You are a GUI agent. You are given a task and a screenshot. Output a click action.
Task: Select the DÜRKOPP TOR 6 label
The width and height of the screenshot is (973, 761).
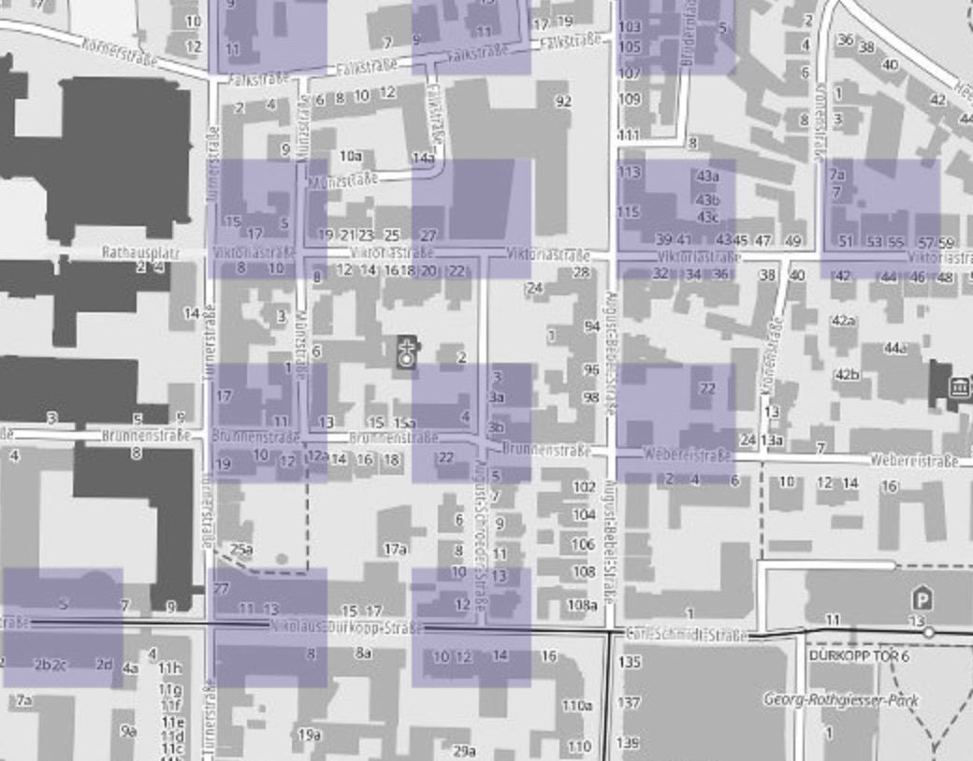[857, 655]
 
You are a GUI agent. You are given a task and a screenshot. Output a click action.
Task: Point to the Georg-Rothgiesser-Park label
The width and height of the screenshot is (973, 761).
[841, 699]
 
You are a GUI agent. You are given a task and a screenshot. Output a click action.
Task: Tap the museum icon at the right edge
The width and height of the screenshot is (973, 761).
[957, 387]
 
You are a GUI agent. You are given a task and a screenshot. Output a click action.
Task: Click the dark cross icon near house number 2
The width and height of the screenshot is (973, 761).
[406, 352]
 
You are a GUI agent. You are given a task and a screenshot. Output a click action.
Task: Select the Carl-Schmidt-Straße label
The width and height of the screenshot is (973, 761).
[688, 635]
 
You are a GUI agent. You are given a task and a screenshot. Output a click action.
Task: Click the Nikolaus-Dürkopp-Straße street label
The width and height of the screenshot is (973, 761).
[346, 626]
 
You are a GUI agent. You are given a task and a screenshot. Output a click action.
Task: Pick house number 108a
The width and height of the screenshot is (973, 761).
[581, 605]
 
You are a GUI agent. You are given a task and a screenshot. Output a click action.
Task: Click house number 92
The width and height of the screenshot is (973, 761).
[562, 101]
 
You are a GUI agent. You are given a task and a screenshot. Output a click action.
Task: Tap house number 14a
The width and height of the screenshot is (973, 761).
[423, 158]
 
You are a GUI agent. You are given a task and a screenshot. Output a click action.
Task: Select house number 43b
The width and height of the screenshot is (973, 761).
[707, 199]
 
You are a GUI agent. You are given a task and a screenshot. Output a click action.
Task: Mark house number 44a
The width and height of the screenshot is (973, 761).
[895, 348]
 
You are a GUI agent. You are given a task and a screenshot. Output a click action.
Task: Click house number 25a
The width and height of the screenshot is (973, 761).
[241, 550]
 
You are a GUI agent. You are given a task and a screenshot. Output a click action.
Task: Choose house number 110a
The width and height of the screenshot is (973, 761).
[576, 705]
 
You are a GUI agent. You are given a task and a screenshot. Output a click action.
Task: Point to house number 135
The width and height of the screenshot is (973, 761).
[630, 662]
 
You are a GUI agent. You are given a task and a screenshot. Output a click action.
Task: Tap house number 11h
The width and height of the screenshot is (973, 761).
[169, 668]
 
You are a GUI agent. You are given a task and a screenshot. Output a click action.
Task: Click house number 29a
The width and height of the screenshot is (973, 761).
[464, 750]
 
